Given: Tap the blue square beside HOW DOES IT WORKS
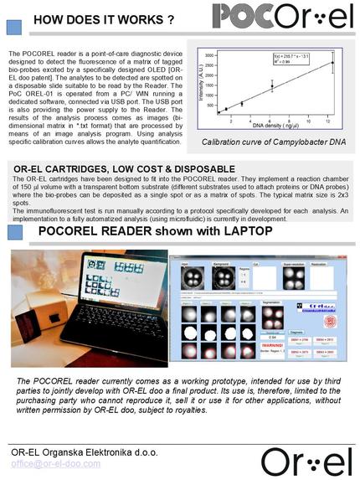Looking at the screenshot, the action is [14, 26].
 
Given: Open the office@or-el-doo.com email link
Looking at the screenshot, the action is [55, 462].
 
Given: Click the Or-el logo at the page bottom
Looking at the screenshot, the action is [306, 460].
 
